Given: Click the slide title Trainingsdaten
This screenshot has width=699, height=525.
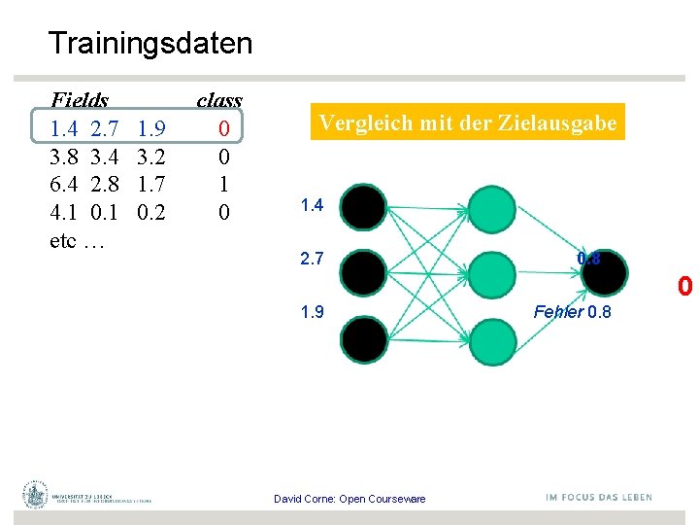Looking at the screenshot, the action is (150, 44).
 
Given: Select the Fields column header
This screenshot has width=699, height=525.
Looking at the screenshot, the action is (79, 100).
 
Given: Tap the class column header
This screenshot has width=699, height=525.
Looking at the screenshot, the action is (219, 100).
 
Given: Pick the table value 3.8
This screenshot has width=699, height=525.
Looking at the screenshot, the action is (64, 157).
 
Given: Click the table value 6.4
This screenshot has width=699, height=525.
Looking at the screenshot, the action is (64, 184).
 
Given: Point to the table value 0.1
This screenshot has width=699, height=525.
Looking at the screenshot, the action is (104, 212).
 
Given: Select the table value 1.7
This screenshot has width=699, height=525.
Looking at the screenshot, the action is (152, 184).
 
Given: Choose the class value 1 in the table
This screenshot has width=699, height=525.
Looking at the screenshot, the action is (224, 184).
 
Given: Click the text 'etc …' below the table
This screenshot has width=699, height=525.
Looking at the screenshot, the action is (77, 240).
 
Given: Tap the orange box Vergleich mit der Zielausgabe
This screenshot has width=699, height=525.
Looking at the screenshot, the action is (468, 122).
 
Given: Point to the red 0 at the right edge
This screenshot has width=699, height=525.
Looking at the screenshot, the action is (685, 288).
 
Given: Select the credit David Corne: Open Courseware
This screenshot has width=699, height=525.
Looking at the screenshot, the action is (349, 499).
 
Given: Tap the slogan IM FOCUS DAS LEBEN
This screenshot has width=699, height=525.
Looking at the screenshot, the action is (598, 498).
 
